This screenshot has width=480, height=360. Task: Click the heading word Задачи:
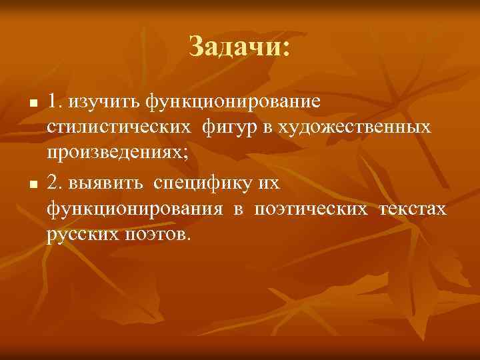(x=239, y=47)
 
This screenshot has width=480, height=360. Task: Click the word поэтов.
(x=157, y=235)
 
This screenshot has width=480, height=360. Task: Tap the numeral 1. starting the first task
(x=54, y=102)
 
